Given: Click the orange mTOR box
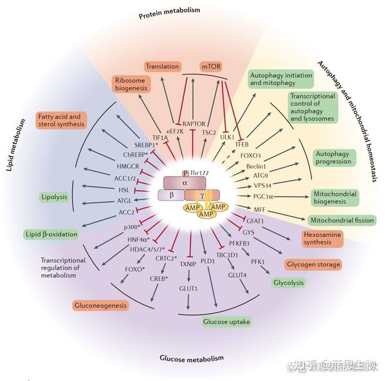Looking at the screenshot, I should [210, 66].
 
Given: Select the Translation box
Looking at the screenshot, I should [162, 66].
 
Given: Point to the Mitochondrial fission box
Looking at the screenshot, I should [342, 220].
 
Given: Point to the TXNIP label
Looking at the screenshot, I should [187, 264].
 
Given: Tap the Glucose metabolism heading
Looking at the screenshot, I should [193, 358].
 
